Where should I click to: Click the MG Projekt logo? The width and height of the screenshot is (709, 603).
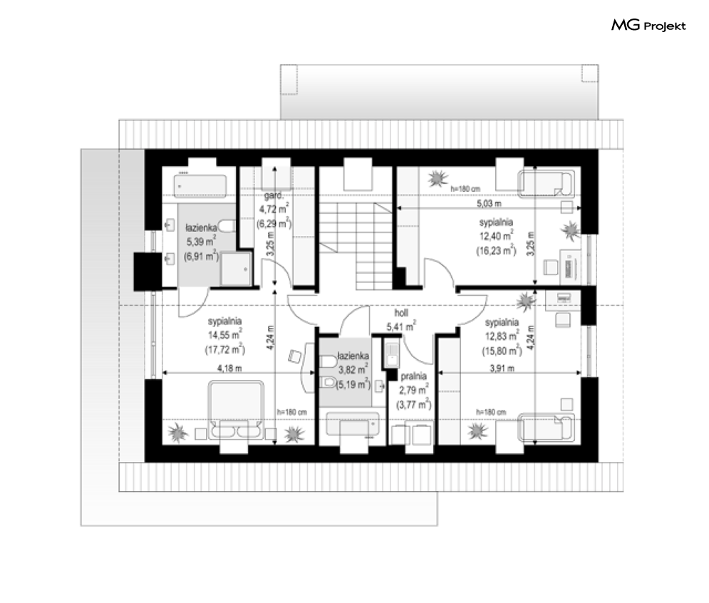648,26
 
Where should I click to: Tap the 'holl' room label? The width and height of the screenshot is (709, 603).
401,313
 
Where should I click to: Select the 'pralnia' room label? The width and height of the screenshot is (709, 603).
413,376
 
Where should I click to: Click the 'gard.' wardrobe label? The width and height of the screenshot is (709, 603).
274,195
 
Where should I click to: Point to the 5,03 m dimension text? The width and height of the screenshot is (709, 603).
489,204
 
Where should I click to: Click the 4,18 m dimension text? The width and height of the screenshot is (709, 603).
229,368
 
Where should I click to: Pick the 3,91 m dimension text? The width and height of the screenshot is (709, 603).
502,368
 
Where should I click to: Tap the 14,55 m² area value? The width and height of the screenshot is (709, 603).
224,335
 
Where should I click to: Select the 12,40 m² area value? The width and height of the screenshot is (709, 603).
496,236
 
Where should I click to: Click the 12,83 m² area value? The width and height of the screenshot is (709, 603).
502,336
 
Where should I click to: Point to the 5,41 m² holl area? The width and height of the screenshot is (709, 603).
401,326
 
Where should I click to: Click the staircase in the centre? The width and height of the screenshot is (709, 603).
356,246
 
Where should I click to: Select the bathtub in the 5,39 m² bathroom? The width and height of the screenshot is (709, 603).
200,186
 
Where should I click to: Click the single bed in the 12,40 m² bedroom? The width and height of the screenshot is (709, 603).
547,184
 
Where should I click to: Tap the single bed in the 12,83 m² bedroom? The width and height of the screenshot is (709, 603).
547,427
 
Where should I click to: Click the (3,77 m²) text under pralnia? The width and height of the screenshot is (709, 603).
413,404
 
